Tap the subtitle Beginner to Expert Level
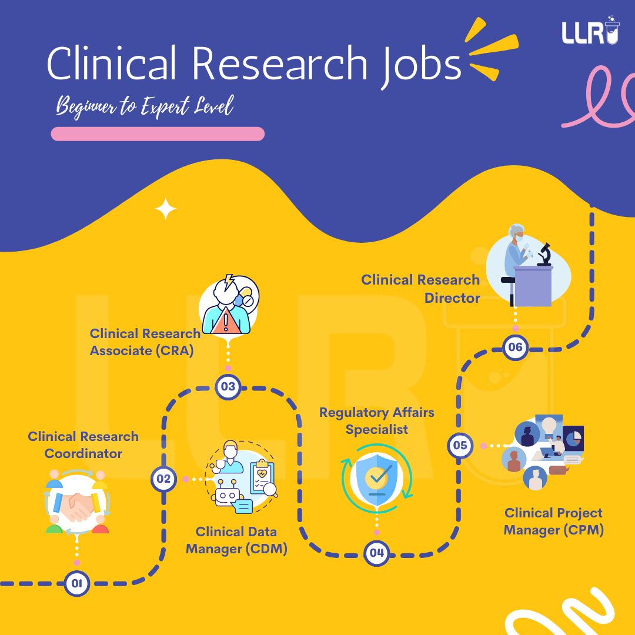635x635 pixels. click(x=145, y=107)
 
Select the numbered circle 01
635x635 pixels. click(x=76, y=583)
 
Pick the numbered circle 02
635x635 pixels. click(x=163, y=479)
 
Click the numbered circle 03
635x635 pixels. click(x=228, y=386)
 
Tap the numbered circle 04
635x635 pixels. click(x=376, y=553)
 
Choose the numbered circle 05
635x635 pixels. click(x=460, y=446)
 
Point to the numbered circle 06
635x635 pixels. click(x=515, y=347)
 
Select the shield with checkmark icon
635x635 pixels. click(x=377, y=477)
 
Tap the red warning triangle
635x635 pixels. click(x=226, y=322)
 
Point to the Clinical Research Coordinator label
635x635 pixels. click(x=83, y=445)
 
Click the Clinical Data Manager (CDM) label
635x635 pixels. click(x=236, y=540)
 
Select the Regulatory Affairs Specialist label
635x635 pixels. click(x=376, y=421)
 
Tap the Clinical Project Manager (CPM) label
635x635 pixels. click(x=553, y=522)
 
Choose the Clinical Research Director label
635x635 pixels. click(x=421, y=289)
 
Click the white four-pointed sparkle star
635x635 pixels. click(x=165, y=209)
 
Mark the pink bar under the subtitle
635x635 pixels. click(x=158, y=134)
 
